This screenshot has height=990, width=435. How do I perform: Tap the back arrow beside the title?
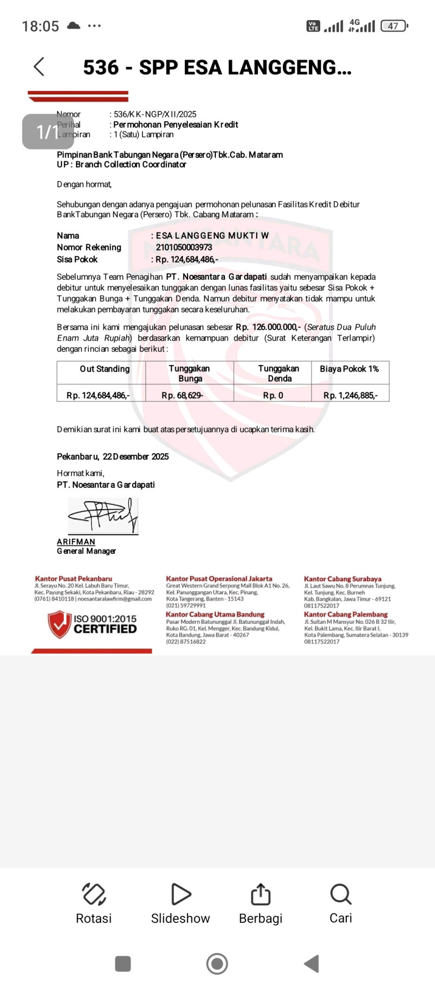(x=39, y=67)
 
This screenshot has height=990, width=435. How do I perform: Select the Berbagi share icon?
(x=260, y=894)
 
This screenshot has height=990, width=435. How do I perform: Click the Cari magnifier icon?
(x=340, y=894)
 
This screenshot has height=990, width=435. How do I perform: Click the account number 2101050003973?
(x=184, y=247)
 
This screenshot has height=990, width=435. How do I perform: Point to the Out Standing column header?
(x=104, y=369)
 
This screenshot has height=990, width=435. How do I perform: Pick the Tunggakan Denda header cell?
(x=278, y=373)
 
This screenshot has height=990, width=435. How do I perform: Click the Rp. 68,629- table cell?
(x=182, y=396)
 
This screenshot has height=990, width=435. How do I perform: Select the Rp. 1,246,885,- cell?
(x=350, y=396)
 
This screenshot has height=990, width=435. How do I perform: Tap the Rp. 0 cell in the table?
(x=273, y=396)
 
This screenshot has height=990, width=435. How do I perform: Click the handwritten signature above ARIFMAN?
(x=103, y=516)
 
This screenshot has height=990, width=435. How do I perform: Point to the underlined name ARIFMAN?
(x=76, y=542)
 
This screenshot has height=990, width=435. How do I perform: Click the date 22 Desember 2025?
(x=135, y=456)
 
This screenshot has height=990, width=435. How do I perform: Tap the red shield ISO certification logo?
(x=59, y=624)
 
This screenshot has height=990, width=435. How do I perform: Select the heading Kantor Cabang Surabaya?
(x=343, y=579)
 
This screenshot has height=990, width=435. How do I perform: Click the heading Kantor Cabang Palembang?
(x=346, y=614)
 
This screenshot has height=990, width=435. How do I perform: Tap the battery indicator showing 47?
(x=394, y=26)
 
